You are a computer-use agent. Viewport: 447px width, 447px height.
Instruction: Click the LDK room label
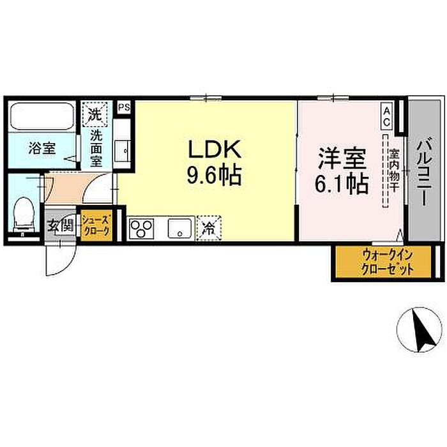point(215,149)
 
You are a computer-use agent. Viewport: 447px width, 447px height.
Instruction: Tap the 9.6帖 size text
point(215,175)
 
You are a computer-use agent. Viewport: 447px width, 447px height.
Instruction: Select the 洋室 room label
point(342,158)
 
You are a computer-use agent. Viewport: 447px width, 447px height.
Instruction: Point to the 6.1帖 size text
point(342,185)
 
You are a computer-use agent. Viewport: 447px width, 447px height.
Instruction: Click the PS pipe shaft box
point(125,107)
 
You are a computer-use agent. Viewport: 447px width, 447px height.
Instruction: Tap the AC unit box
point(387,116)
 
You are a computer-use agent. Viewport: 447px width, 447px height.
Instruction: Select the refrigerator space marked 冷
point(209,228)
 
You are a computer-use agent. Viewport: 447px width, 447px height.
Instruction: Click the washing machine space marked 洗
point(95,114)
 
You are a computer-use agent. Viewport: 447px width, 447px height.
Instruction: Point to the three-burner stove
point(141,229)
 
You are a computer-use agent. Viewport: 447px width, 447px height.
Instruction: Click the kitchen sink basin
point(179,228)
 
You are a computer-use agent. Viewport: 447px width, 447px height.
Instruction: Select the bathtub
point(42,116)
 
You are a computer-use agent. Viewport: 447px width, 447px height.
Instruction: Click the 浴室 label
point(42,149)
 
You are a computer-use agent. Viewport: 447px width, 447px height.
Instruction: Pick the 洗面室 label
point(96,149)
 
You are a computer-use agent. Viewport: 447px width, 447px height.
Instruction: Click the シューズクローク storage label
point(96,225)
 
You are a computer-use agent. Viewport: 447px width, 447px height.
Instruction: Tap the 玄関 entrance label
point(61,226)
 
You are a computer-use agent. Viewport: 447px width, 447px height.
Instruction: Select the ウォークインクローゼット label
point(386,262)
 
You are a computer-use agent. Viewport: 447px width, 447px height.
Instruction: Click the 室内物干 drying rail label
point(395,170)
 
